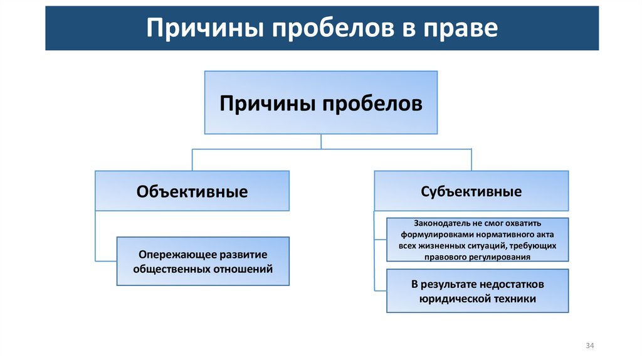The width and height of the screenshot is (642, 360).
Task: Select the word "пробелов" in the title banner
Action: [318, 29]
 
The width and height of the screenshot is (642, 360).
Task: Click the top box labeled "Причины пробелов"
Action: [320, 102]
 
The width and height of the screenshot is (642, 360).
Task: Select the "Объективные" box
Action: [192, 191]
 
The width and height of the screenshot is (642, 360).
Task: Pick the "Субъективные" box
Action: [471, 191]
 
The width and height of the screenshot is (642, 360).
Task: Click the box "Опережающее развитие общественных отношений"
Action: [203, 262]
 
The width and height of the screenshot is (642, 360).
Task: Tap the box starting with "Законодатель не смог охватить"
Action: [477, 240]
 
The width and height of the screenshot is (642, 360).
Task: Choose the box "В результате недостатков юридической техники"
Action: [477, 291]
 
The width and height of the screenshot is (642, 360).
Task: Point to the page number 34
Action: [589, 346]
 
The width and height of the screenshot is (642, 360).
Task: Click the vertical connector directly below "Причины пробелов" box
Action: [321, 141]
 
